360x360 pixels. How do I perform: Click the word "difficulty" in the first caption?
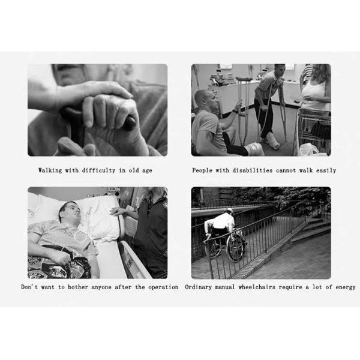coord(98,170)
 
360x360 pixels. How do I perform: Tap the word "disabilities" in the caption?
coord(253,170)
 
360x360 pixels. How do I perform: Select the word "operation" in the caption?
coord(163,287)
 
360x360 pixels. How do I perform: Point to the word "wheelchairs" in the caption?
coord(257,287)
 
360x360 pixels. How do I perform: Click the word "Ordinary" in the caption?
coord(199,287)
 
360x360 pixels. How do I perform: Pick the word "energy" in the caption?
coord(346,287)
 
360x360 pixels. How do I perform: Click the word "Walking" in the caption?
coord(50,170)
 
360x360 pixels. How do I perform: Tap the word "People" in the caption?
coord(202,170)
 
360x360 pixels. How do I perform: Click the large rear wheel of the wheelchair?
coord(235,247)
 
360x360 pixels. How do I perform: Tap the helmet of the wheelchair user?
coord(229,211)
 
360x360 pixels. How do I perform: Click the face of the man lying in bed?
coord(73,213)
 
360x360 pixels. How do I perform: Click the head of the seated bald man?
coord(205,100)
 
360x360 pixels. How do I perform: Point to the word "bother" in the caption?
coord(77,287)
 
